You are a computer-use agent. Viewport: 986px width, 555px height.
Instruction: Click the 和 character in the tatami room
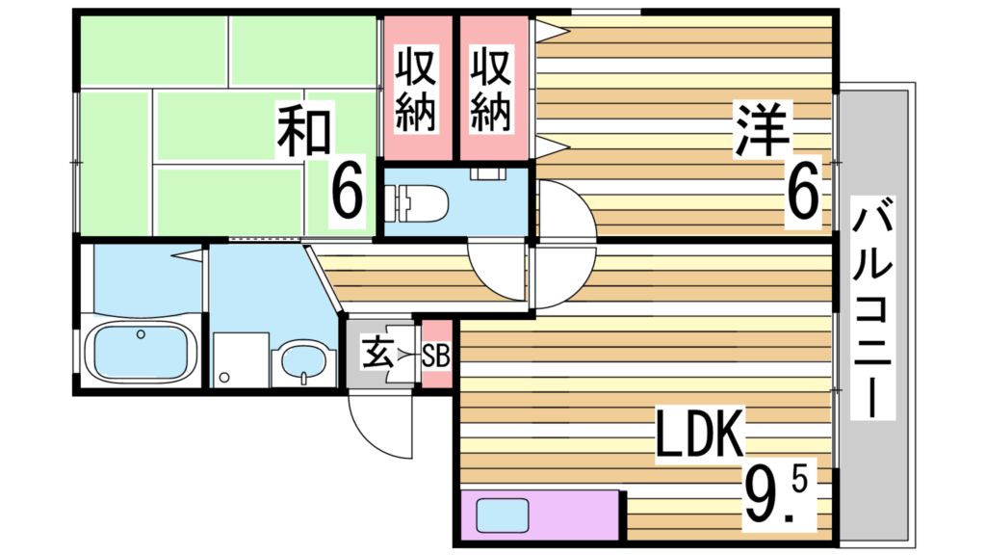[305, 134]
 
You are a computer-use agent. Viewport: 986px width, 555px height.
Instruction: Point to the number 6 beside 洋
[803, 192]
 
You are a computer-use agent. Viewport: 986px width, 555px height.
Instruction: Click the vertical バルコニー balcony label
[875, 309]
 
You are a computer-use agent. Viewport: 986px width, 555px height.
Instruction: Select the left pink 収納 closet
[418, 91]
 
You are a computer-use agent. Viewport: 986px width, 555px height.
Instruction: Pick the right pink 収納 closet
[492, 91]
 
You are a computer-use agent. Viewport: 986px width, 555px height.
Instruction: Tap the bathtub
[142, 352]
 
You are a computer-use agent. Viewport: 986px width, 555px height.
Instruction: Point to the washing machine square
[241, 360]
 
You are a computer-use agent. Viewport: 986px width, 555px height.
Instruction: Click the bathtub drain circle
[142, 334]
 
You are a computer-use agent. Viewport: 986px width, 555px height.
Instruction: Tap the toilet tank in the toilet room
[391, 201]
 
